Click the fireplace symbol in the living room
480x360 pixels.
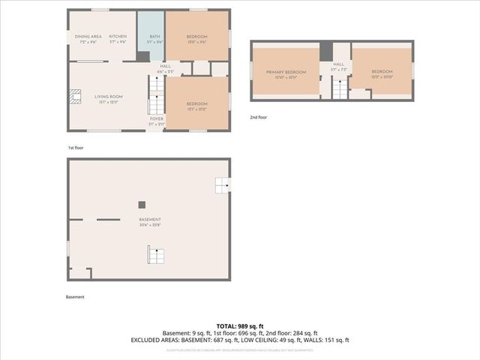click(x=74, y=95)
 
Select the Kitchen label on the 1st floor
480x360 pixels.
click(x=118, y=37)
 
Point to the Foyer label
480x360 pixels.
click(x=157, y=118)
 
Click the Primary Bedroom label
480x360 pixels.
click(x=286, y=72)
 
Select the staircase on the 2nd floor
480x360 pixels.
click(x=340, y=89)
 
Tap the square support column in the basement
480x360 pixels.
click(x=141, y=204)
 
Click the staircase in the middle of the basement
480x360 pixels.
click(x=155, y=256)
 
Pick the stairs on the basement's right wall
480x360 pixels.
click(x=222, y=184)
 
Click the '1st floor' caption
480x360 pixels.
click(x=76, y=148)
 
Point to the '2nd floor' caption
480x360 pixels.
click(x=258, y=117)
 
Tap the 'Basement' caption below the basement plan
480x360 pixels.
click(x=75, y=297)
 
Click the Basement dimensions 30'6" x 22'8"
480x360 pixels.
click(x=150, y=224)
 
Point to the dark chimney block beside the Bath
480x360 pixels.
click(x=143, y=56)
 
